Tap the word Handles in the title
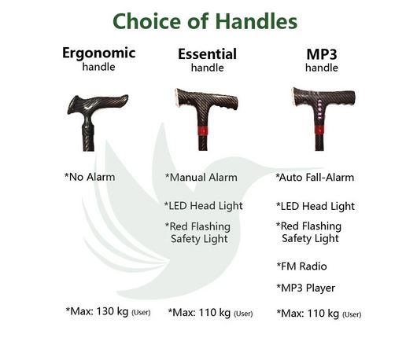(257, 21)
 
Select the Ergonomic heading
(98, 53)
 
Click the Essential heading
(207, 53)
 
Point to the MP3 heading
(322, 54)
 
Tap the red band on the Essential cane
(202, 130)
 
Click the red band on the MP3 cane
(319, 130)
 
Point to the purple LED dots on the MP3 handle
(319, 110)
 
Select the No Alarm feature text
(90, 177)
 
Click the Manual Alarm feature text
(201, 178)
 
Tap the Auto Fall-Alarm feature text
(315, 178)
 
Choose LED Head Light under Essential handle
(203, 206)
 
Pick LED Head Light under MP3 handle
(316, 206)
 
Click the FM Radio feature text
(301, 266)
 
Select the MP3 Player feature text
(306, 288)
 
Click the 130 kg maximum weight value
(113, 311)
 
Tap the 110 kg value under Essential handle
(215, 312)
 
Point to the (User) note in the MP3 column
(352, 314)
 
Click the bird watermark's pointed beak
(321, 169)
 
